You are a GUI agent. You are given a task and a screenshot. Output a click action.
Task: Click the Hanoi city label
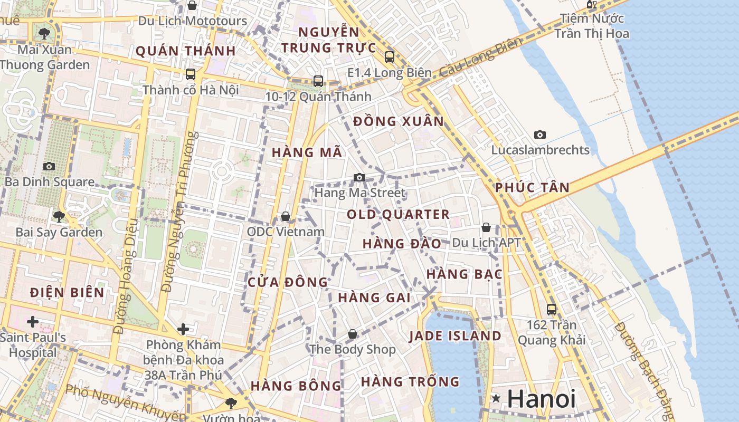(x=541, y=399)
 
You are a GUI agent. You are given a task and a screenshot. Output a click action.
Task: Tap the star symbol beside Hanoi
(x=496, y=398)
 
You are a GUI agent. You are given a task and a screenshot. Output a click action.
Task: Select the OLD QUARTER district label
(x=398, y=215)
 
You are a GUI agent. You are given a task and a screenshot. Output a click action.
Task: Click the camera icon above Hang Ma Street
(x=359, y=177)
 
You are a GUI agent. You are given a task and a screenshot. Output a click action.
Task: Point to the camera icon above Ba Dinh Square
(x=49, y=167)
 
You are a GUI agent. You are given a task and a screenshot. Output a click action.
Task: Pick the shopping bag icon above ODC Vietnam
(x=286, y=216)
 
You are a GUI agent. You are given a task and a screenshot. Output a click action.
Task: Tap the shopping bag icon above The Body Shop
(x=353, y=334)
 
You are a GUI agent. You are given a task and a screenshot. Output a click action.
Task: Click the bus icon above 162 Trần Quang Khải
(x=552, y=310)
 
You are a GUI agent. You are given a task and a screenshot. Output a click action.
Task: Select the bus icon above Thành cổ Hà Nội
(x=191, y=74)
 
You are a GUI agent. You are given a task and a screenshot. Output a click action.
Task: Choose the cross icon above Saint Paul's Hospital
(x=33, y=321)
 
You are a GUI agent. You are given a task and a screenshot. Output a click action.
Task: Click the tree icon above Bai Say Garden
(x=59, y=216)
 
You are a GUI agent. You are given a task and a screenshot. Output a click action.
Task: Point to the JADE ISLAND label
(x=455, y=336)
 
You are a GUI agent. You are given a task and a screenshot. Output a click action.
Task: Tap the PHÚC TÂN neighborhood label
(x=532, y=188)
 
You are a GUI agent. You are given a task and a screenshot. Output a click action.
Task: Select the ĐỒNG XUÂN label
(x=399, y=121)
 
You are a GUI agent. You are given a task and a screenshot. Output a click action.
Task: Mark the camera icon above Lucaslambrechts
(x=539, y=135)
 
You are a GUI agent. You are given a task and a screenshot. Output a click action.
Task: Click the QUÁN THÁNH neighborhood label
(x=185, y=51)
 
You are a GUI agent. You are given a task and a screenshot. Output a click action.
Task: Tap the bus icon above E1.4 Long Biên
(x=390, y=57)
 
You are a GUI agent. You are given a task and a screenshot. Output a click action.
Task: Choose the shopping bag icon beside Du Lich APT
(x=486, y=227)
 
